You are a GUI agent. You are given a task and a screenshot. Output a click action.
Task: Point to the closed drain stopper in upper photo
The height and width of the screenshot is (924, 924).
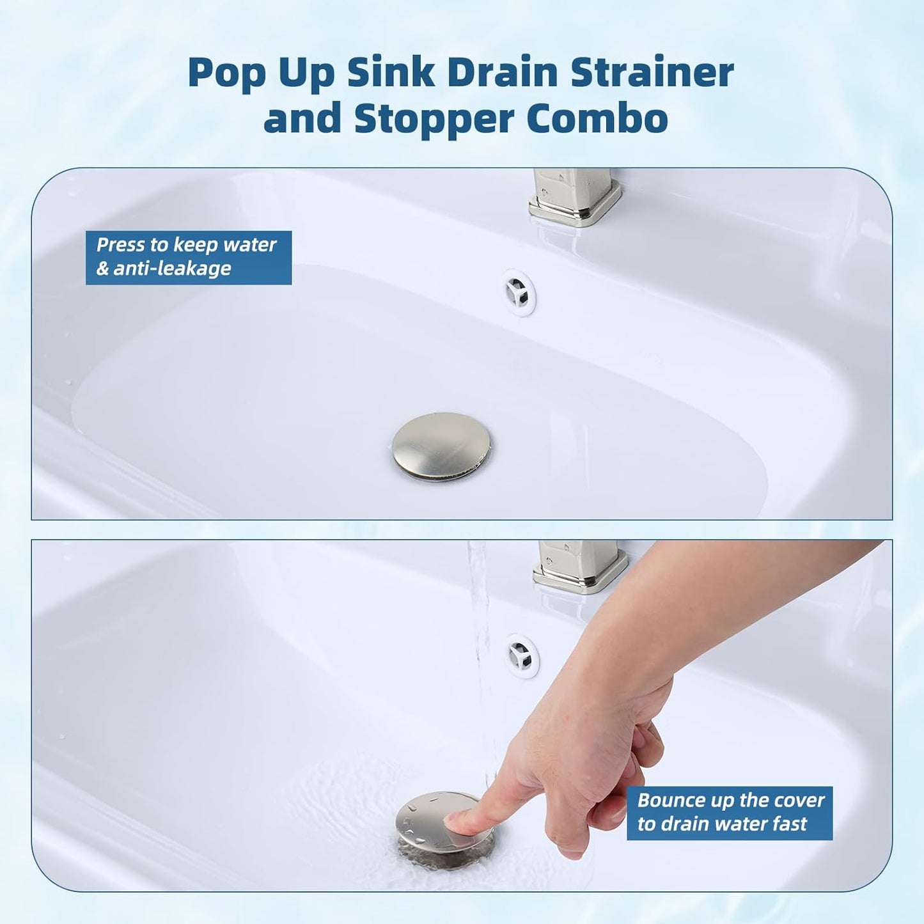click(441, 445)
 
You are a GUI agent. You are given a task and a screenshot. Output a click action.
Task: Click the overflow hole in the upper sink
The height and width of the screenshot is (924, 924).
click(518, 293)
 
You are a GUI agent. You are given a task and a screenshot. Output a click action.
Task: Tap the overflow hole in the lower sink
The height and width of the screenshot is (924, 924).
click(522, 655)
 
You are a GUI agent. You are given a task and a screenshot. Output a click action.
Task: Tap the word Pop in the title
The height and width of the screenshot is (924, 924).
click(226, 74)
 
